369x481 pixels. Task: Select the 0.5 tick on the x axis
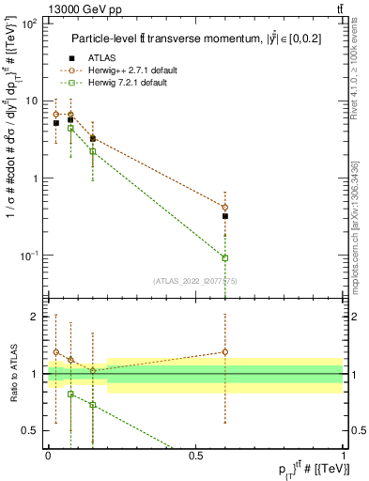tap(195, 453)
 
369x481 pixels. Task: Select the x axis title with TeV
tap(300, 468)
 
